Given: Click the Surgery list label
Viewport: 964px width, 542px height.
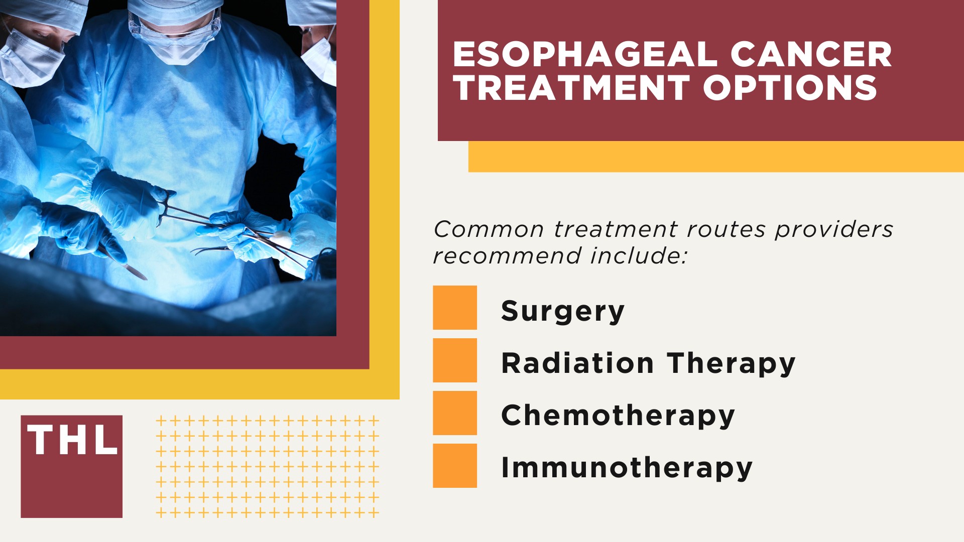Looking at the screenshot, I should click(563, 311).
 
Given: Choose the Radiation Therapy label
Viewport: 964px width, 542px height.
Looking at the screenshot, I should click(648, 363).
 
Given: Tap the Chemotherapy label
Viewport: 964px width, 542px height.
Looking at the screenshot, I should click(618, 416).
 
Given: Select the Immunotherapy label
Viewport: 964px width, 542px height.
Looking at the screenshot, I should click(627, 468).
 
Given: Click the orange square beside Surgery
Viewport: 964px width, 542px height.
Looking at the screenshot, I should click(455, 308).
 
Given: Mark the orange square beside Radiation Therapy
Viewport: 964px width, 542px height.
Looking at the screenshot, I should click(455, 360).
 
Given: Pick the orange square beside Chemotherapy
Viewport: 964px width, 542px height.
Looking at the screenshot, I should click(455, 413).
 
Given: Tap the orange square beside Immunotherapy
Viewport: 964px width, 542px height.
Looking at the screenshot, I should click(455, 466).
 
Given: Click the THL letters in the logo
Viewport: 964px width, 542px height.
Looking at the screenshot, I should click(72, 440).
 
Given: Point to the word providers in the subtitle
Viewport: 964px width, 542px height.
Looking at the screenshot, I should click(834, 229).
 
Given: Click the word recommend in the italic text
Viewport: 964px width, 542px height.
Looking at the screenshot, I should click(507, 256).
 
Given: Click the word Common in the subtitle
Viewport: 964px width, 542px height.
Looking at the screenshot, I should click(489, 229).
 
